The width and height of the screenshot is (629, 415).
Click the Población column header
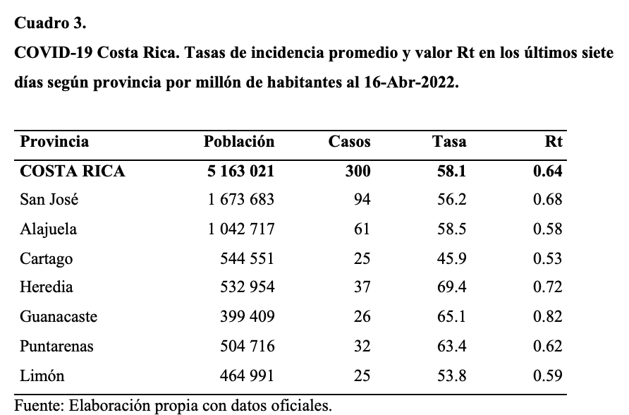239,142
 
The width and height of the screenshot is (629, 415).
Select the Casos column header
349,142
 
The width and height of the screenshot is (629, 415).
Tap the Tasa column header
449,142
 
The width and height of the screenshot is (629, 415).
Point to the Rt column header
554,142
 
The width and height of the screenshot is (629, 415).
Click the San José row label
49,200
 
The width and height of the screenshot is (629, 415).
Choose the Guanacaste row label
59,317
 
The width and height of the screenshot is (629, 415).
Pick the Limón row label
42,375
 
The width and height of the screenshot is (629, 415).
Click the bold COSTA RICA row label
73,172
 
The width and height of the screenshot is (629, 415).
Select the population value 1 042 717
241,229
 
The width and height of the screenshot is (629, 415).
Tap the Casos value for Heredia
362,287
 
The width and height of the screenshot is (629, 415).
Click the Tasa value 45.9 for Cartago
452,258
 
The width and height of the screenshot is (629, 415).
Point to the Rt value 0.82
548,317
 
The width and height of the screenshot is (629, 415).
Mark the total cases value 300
358,172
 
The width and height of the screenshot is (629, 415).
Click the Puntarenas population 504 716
248,346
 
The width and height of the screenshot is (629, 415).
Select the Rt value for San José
548,200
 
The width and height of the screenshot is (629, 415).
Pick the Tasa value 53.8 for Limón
452,375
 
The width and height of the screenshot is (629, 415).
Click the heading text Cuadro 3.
50,23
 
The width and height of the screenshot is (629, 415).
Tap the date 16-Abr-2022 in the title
411,83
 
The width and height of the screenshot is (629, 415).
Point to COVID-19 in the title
54,52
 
